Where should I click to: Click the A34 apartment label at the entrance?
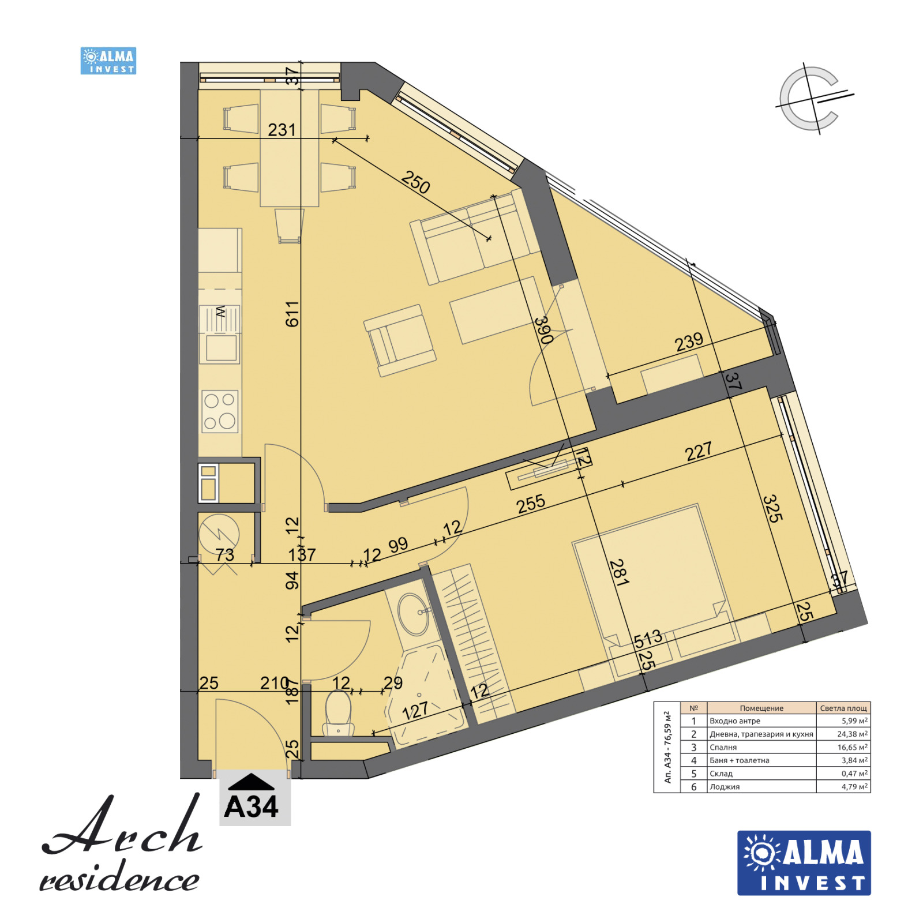click(252, 805)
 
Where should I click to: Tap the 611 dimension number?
click(292, 314)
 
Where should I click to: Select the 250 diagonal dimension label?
click(415, 182)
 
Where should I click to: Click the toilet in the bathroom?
click(338, 711)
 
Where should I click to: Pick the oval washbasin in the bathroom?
click(413, 614)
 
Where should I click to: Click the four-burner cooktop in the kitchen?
click(220, 411)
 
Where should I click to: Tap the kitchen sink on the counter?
click(221, 347)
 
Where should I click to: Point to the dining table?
click(290, 148)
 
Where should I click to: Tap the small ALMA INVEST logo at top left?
click(108, 61)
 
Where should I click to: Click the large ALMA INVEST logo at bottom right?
click(804, 862)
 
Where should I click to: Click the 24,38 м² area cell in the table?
click(851, 734)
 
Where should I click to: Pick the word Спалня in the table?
click(723, 748)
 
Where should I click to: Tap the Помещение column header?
click(761, 708)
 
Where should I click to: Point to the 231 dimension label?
click(282, 130)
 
